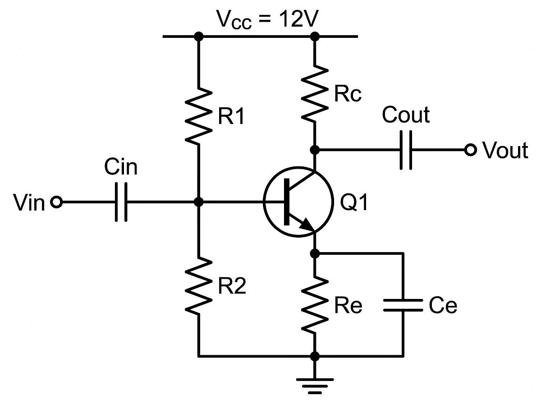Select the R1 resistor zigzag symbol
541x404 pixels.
pyautogui.click(x=198, y=116)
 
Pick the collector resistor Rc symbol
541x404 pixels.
pyautogui.click(x=315, y=94)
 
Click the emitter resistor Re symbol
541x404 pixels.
pyautogui.click(x=315, y=305)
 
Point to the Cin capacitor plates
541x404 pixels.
pyautogui.click(x=121, y=202)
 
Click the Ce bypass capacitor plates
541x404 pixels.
pyautogui.click(x=403, y=305)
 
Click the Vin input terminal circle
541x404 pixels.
pyautogui.click(x=56, y=202)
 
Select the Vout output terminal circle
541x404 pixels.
pyautogui.click(x=470, y=150)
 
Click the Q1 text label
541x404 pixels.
pyautogui.click(x=354, y=203)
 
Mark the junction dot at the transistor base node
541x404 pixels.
pyautogui.click(x=198, y=202)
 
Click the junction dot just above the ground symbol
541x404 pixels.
pyautogui.click(x=315, y=356)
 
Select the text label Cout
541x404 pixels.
pyautogui.click(x=405, y=115)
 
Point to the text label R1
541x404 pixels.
pyautogui.click(x=231, y=118)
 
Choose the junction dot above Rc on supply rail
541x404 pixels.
pyautogui.click(x=315, y=36)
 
